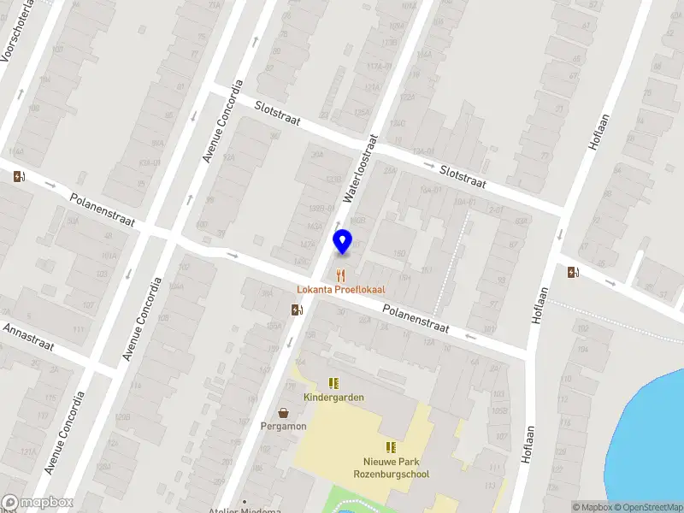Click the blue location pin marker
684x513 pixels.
pos(342,242)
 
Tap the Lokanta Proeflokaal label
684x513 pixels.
pos(341,289)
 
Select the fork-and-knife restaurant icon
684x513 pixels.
pos(341,275)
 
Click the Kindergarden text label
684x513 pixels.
pos(333,397)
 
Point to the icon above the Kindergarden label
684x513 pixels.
pos(333,383)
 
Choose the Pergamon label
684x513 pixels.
pos(284,426)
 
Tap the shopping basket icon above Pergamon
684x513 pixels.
pos(283,412)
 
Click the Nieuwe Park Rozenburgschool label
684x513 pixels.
pos(391,468)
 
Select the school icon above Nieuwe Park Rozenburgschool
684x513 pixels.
pos(391,447)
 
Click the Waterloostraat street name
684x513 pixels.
pos(361,168)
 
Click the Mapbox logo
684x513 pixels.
pos(37,503)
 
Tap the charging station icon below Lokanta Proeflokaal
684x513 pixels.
pos(296,310)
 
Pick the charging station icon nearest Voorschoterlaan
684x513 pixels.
pos(20,177)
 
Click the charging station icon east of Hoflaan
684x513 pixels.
pos(572,273)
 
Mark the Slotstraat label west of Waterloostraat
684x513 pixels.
pos(277,112)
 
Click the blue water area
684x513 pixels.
pos(654,427)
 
